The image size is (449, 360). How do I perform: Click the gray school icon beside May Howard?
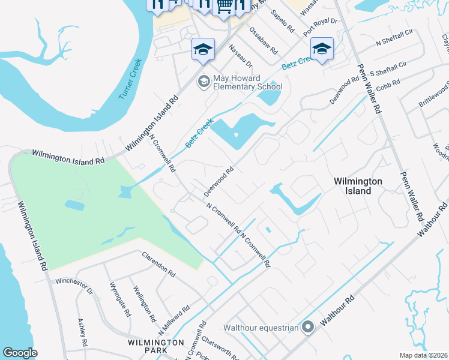pyautogui.click(x=204, y=81)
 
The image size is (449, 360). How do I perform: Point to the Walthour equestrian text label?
pyautogui.click(x=261, y=328)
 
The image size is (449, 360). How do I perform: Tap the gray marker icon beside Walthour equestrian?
pyautogui.click(x=308, y=327)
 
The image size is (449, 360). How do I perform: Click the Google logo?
pyautogui.click(x=20, y=353)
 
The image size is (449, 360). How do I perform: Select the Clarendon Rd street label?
pyautogui.click(x=158, y=265)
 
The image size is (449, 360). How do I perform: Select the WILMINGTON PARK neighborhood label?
pyautogui.click(x=156, y=346)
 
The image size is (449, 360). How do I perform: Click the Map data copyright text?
pyautogui.click(x=423, y=355)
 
